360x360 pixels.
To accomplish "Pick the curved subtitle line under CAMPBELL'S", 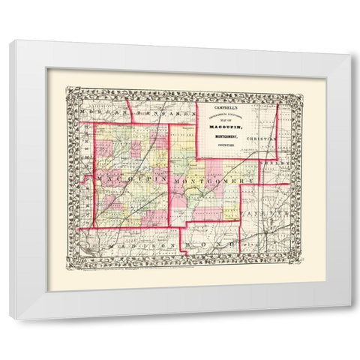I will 232,113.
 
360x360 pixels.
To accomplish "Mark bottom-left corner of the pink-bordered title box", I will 197,158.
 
